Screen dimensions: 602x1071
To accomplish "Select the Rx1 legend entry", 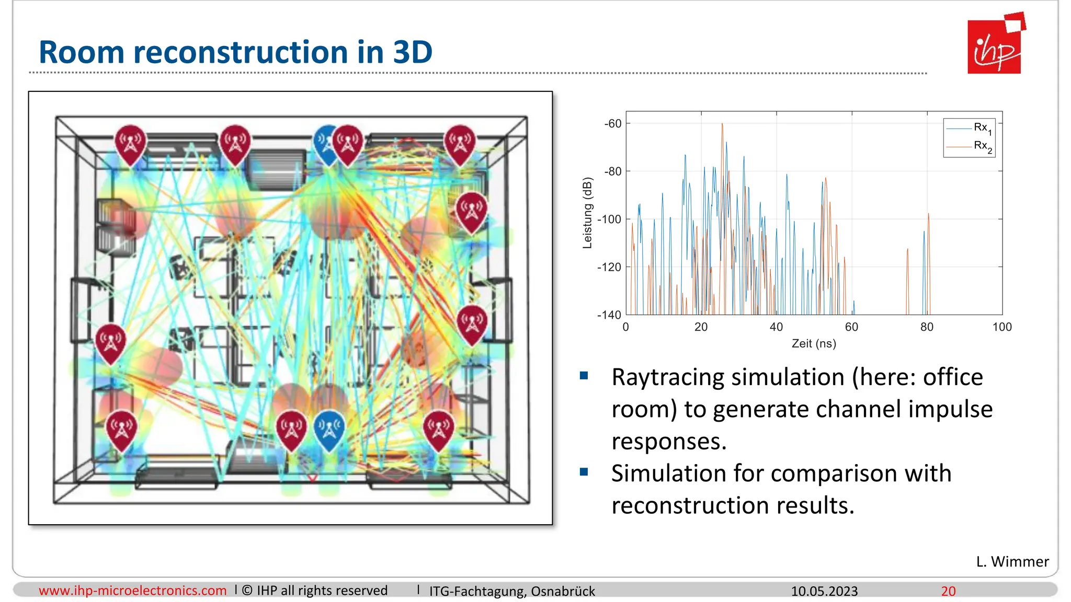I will tap(982, 128).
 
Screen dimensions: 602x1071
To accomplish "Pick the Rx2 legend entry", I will tap(982, 146).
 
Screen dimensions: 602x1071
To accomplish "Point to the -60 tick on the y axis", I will tap(613, 124).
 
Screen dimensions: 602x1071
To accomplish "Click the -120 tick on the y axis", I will tap(610, 267).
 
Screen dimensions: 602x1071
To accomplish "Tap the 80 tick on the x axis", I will tap(927, 327).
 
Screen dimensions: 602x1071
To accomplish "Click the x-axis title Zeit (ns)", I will tap(814, 344).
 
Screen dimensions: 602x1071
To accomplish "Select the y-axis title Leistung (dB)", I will tap(588, 213).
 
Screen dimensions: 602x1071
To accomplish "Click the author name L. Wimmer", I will tap(1012, 561).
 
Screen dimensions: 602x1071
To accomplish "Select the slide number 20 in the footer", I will tap(948, 591).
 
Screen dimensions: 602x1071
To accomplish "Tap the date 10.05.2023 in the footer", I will tap(824, 591).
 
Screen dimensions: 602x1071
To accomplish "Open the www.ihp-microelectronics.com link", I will tap(133, 591).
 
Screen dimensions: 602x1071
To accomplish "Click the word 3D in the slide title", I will tap(413, 52).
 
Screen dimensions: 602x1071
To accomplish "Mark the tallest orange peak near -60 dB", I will tap(722, 124).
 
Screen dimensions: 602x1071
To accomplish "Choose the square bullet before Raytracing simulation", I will tap(584, 376).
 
